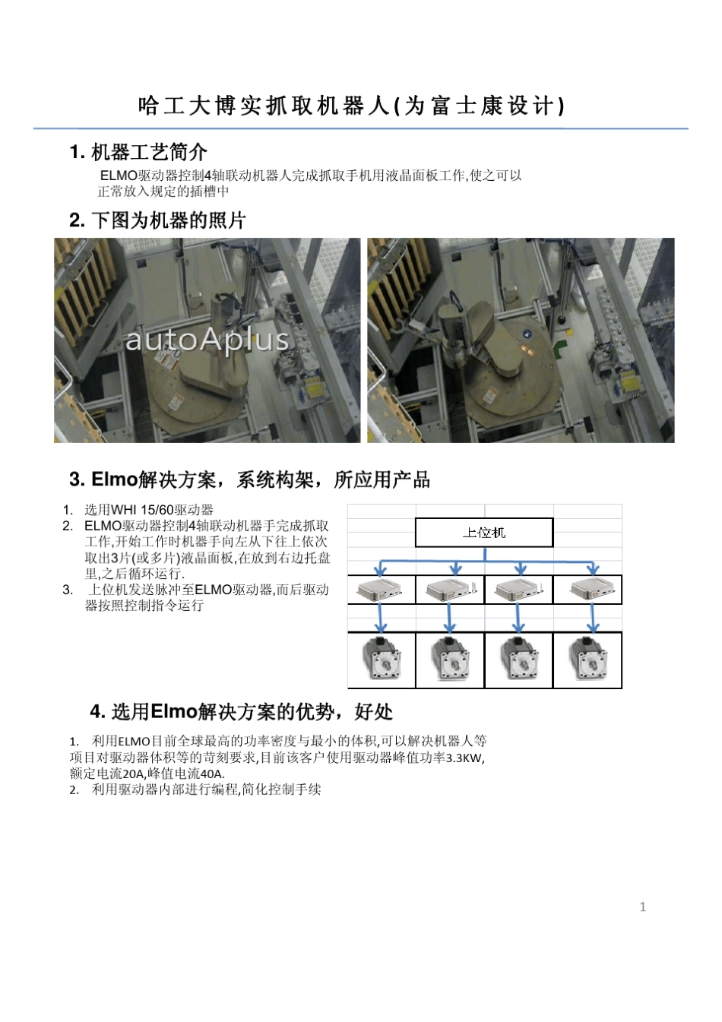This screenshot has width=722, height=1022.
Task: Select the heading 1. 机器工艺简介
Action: pos(138,152)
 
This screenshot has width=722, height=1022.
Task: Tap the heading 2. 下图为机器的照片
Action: pos(158,220)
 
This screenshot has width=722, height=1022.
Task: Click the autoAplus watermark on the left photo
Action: pos(207,340)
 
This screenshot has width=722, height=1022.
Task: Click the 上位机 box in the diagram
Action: pos(484,533)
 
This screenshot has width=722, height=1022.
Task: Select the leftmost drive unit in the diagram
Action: pos(382,590)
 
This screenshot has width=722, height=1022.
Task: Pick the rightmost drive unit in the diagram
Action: pos(587,590)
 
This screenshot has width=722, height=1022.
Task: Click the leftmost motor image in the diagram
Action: pos(382,660)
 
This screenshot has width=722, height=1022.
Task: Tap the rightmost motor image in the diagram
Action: pos(587,660)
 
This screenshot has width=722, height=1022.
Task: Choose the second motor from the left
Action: pos(450,660)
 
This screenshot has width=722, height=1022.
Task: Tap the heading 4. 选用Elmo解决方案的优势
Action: pos(241,711)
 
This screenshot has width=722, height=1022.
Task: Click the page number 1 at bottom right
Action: pos(643,907)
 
